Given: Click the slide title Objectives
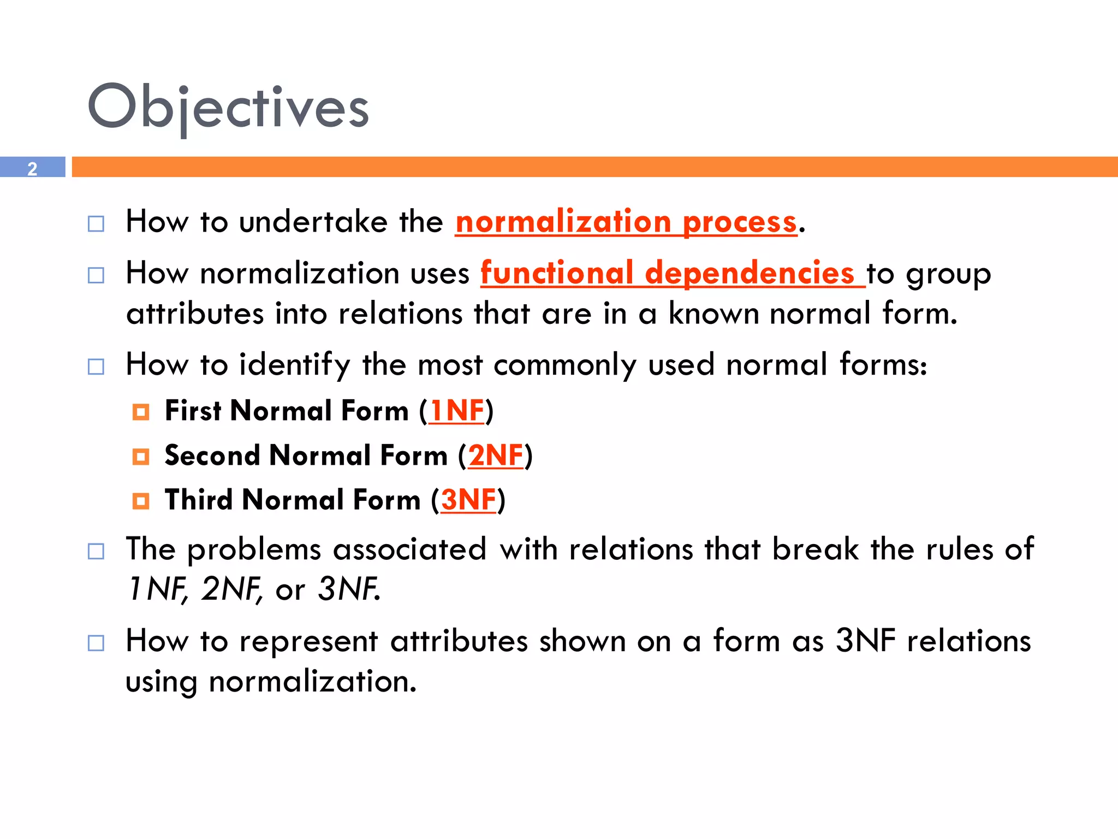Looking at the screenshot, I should tap(228, 107).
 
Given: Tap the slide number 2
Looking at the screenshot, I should tap(32, 168).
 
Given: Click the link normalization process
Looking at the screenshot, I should tap(626, 222).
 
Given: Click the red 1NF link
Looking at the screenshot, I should tap(456, 411).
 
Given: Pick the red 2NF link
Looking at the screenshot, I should tap(495, 456).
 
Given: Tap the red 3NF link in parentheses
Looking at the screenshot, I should tap(468, 500).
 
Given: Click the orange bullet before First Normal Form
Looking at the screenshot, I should tap(141, 412).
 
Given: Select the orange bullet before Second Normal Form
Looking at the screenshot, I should tap(141, 457).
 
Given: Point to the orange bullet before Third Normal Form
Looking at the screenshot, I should tap(141, 501).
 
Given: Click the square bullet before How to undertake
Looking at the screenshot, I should tap(96, 224).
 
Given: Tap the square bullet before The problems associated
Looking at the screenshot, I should tap(96, 551).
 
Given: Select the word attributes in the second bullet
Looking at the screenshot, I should tap(195, 314).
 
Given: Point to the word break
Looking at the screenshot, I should tap(814, 549).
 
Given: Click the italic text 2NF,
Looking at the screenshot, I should tap(231, 589).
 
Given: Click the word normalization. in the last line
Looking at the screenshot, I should tap(312, 682).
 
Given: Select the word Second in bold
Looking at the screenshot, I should tap(212, 456).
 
